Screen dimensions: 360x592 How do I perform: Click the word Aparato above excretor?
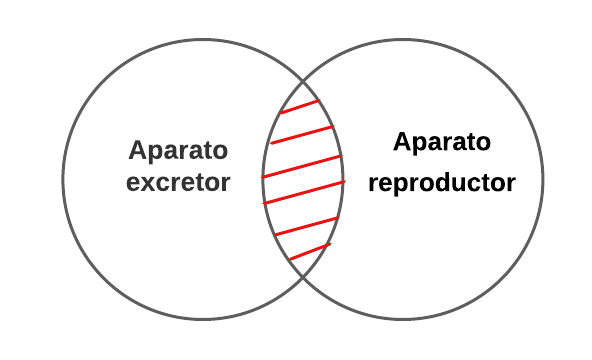tap(179, 151)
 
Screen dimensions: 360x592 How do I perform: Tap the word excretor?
tap(179, 184)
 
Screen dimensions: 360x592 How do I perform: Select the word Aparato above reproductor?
tap(442, 143)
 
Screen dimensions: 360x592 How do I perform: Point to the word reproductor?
tap(442, 184)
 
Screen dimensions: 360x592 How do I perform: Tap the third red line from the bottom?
tap(303, 192)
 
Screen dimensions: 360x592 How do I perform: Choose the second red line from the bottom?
tap(305, 226)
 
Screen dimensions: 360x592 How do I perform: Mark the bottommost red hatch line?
tap(310, 251)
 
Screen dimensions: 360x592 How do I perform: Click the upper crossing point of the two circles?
tap(303, 80)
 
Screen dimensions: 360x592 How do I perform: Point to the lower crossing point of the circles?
tap(303, 281)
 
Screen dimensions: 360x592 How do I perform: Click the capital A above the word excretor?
tap(139, 151)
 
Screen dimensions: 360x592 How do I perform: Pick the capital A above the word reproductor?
tap(403, 143)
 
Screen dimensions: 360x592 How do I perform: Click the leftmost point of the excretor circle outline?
tap(63, 181)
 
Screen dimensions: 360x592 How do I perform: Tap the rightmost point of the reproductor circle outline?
tap(543, 181)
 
